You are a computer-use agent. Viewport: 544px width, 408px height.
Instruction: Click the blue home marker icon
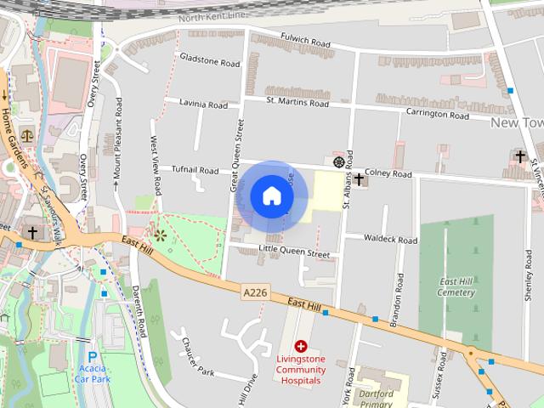(271, 195)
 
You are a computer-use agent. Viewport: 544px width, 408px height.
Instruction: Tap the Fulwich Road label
(304, 41)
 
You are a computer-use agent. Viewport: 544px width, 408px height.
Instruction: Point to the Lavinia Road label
(202, 105)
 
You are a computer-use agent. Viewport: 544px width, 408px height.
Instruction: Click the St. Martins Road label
(297, 103)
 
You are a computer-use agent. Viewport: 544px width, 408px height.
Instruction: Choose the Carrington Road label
(437, 113)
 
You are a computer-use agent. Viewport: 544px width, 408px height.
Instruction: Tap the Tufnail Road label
(195, 170)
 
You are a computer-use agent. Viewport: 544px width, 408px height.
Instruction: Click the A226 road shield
(255, 292)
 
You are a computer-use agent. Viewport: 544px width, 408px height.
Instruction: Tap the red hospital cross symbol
(301, 346)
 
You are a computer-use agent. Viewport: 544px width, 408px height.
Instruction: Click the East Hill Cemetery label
(456, 287)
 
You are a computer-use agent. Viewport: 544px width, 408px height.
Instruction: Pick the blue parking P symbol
(91, 358)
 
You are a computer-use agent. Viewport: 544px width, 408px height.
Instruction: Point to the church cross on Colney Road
(360, 178)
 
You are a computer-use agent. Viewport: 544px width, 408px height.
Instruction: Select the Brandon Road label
(396, 302)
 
